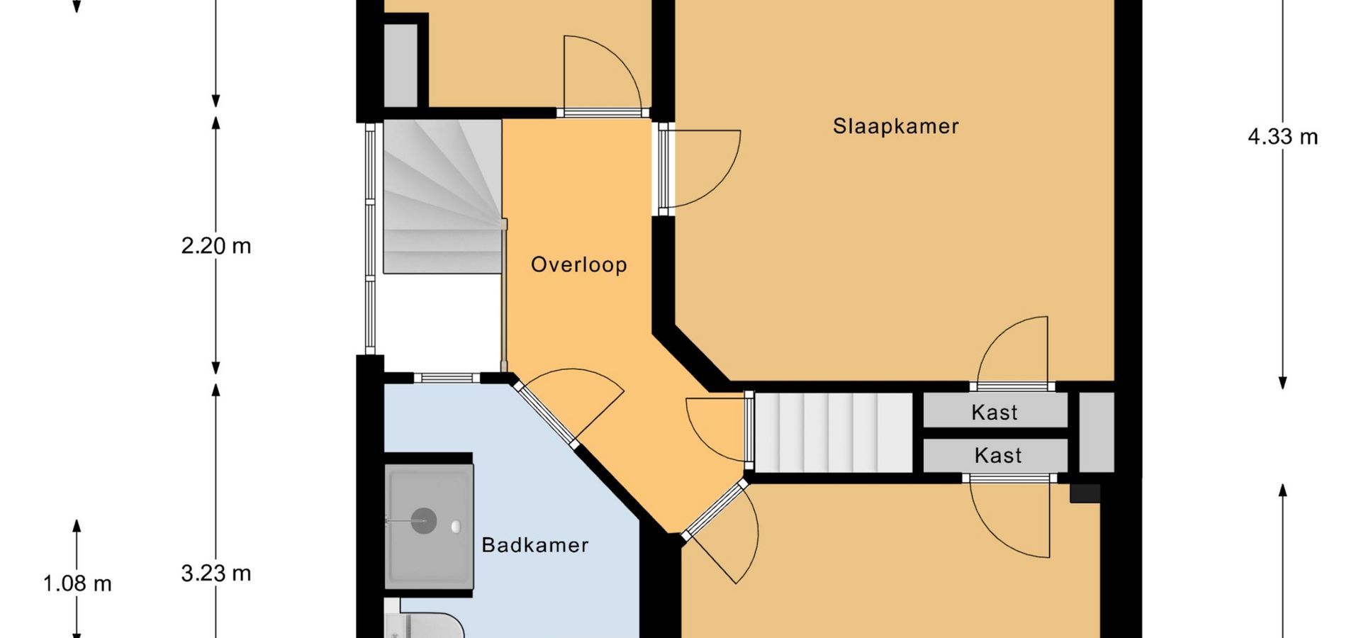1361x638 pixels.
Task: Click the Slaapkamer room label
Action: [895, 126]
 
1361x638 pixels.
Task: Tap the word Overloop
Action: [579, 264]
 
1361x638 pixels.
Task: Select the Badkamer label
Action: [535, 544]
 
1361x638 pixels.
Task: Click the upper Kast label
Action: [995, 412]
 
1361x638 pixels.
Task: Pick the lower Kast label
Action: [998, 455]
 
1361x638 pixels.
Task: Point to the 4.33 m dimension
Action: [1283, 136]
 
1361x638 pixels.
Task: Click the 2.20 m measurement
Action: [216, 246]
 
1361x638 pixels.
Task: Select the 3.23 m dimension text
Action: [216, 573]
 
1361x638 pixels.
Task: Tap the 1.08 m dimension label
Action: [77, 583]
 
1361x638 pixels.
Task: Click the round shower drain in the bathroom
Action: [424, 521]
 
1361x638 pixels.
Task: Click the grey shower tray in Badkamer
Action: [429, 527]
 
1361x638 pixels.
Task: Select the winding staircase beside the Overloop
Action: [443, 196]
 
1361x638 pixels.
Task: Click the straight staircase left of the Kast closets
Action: [834, 432]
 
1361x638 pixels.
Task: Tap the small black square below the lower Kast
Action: [1085, 493]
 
